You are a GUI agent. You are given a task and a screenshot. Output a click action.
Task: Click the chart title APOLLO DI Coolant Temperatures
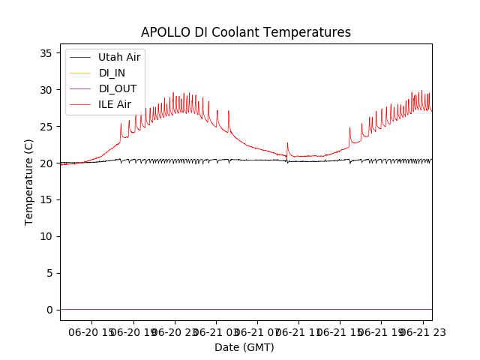(x=245, y=33)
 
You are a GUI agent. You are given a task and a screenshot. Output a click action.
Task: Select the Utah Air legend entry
(x=118, y=57)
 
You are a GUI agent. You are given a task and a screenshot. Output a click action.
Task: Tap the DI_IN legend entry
(x=113, y=73)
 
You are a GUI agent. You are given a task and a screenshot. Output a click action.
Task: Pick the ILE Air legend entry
(x=115, y=104)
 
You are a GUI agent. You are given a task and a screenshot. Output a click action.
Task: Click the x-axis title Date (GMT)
(x=244, y=347)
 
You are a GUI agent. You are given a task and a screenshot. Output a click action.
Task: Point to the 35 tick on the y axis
(x=45, y=53)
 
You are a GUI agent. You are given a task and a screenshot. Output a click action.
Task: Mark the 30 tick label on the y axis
(x=45, y=90)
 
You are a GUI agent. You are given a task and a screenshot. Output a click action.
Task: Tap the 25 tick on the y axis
(x=45, y=127)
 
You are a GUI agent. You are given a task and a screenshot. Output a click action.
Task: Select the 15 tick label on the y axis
(x=45, y=200)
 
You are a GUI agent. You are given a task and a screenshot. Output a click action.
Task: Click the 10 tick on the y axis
(x=45, y=237)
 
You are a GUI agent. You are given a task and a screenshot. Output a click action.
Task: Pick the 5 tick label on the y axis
(x=48, y=274)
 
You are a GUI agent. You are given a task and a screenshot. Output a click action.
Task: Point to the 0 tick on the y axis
(x=48, y=310)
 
